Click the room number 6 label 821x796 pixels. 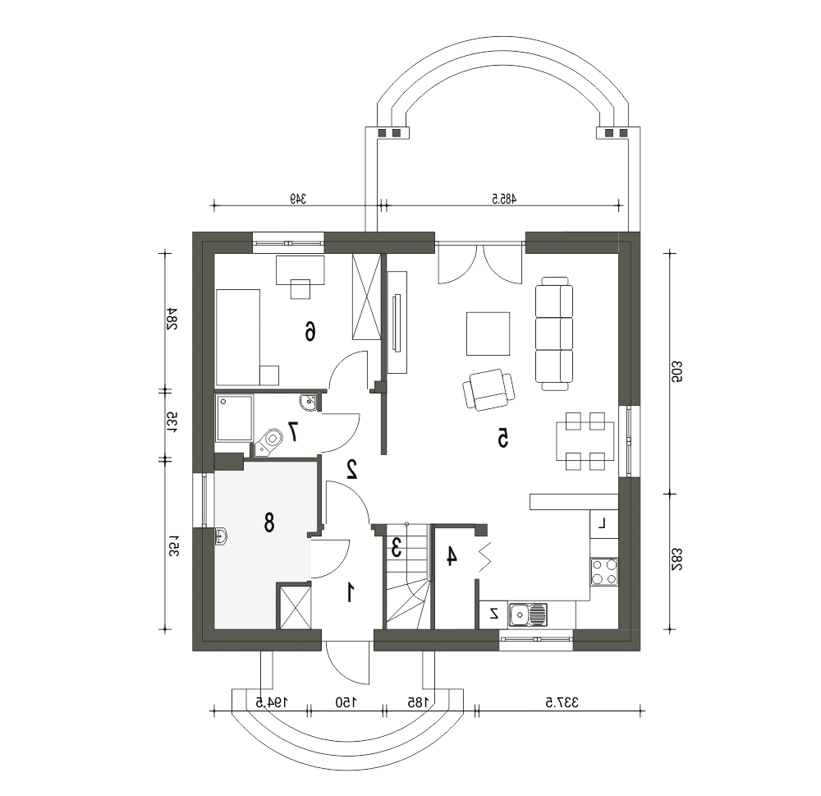point(310,331)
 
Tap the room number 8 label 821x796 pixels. point(269,522)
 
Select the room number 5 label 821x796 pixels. point(502,438)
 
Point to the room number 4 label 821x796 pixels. point(451,556)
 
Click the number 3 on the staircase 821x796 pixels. point(397,548)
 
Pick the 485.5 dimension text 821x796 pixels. point(504,199)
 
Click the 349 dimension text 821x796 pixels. point(298,199)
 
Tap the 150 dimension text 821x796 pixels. point(346,702)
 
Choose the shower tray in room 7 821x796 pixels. point(235,417)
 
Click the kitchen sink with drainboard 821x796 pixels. point(528,614)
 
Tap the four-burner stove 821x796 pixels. point(604,572)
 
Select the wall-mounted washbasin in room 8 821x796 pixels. point(221,537)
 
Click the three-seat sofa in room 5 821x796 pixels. point(554,334)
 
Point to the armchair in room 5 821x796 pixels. point(488,390)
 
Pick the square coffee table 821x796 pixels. point(488,334)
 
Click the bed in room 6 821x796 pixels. point(238,338)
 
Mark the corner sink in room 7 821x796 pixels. point(309,402)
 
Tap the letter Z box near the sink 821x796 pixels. point(493,614)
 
